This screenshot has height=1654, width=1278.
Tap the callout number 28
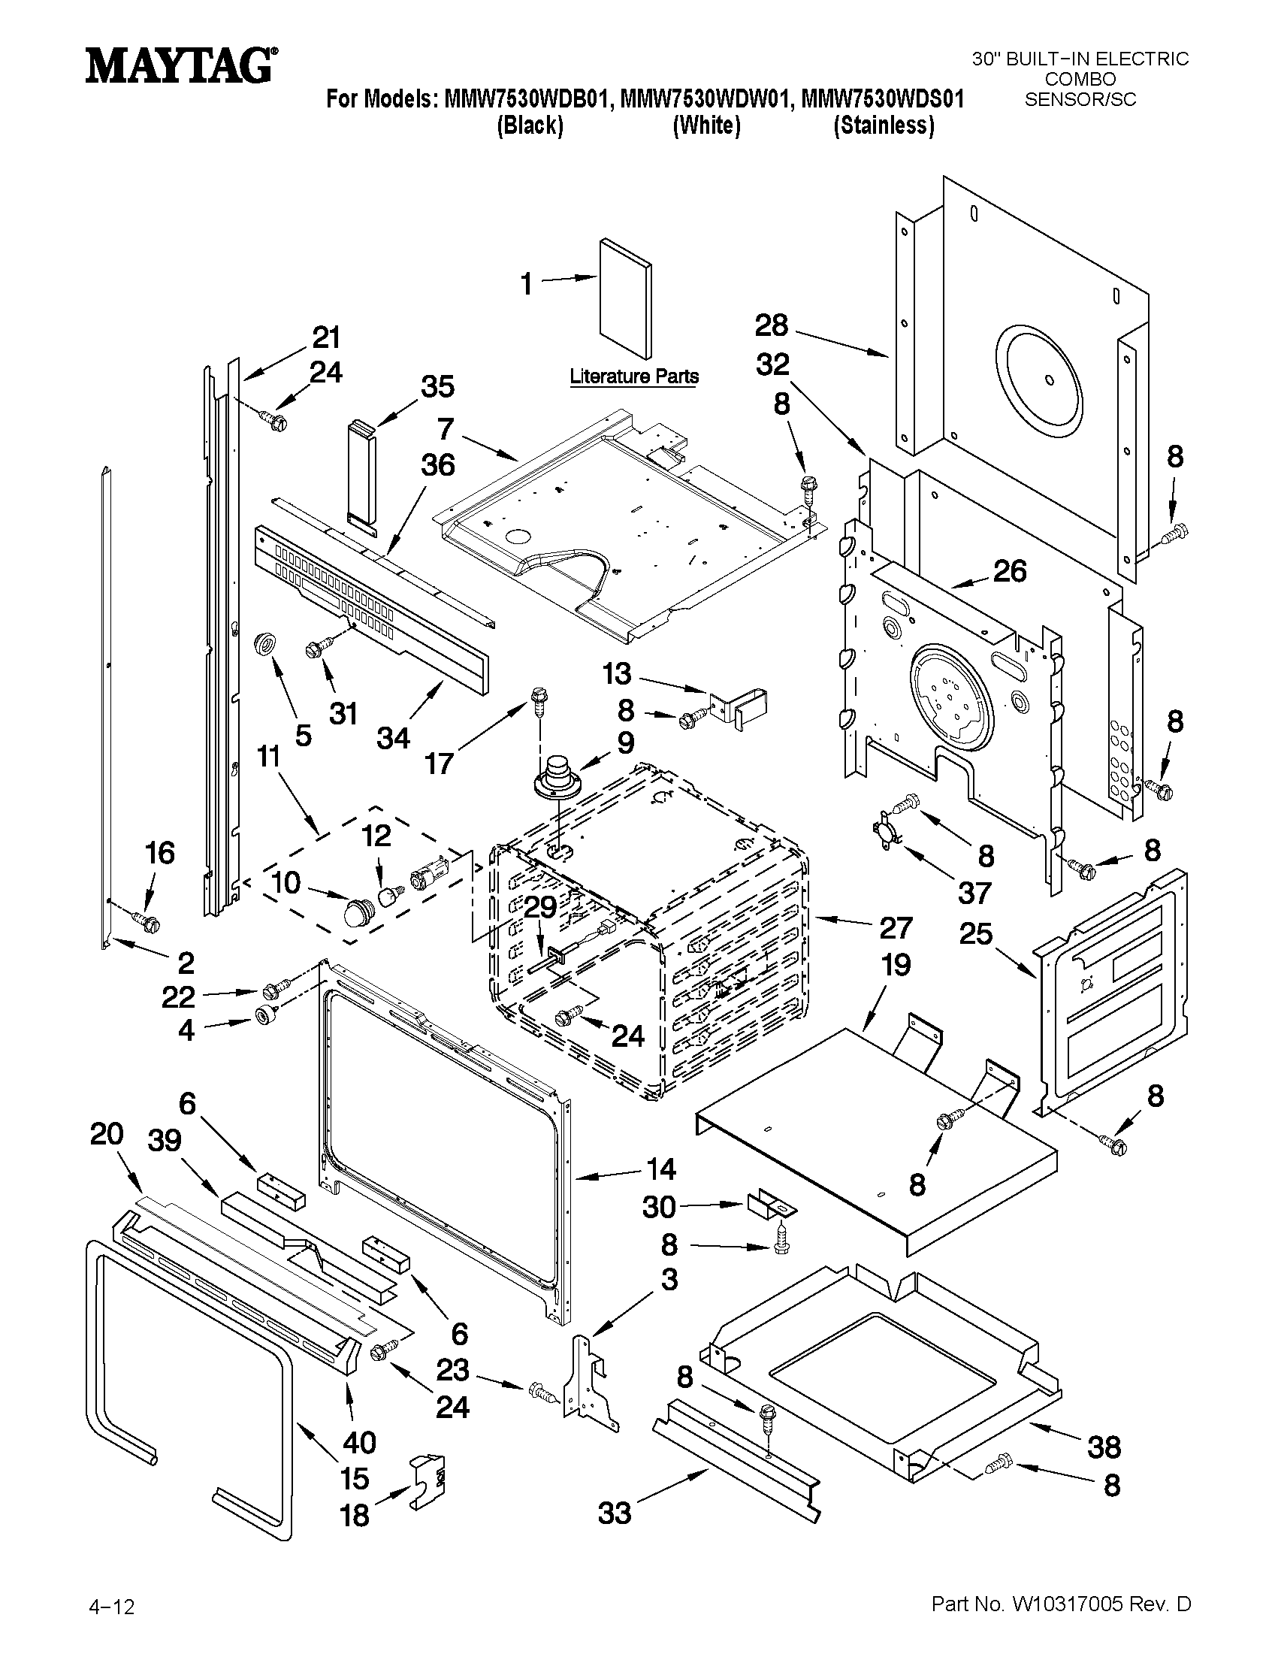pyautogui.click(x=772, y=325)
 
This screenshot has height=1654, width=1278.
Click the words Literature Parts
pyautogui.click(x=633, y=376)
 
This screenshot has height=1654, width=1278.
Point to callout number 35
pyautogui.click(x=437, y=386)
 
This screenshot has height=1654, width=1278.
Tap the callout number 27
pyautogui.click(x=896, y=928)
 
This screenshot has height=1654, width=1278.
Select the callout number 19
pyautogui.click(x=896, y=965)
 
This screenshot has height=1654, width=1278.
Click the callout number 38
pyautogui.click(x=1104, y=1447)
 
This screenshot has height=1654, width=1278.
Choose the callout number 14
pyautogui.click(x=660, y=1169)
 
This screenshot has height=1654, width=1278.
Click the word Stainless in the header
pyautogui.click(x=884, y=125)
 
